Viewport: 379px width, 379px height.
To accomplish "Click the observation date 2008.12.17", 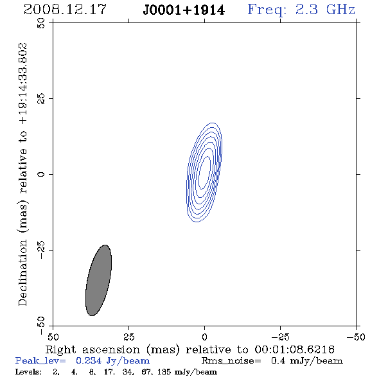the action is (65, 10).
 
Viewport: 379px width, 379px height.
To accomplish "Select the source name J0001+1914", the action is (184, 10).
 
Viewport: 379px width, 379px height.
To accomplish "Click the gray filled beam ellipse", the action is (99, 280).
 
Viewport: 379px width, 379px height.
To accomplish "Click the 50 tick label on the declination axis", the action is (41, 23).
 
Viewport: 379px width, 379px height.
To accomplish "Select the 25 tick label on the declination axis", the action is (41, 99).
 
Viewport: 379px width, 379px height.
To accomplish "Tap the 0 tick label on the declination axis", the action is (41, 174).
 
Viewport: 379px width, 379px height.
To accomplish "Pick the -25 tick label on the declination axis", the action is (41, 250).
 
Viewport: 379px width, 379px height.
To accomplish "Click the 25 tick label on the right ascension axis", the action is (128, 337).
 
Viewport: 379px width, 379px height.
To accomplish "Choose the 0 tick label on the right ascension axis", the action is (204, 337).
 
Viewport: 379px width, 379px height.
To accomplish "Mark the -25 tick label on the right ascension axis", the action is (280, 337).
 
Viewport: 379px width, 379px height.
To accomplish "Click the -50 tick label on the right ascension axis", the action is (356, 337).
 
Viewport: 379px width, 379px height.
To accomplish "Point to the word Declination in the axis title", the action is (22, 273).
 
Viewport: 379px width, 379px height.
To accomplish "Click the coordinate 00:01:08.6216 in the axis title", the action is (295, 349).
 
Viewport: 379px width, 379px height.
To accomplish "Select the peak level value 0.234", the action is (89, 360).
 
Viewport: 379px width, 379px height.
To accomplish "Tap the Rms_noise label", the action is (231, 361).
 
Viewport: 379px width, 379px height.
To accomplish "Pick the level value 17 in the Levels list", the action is (108, 372).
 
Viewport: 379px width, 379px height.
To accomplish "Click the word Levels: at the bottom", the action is (28, 371).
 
